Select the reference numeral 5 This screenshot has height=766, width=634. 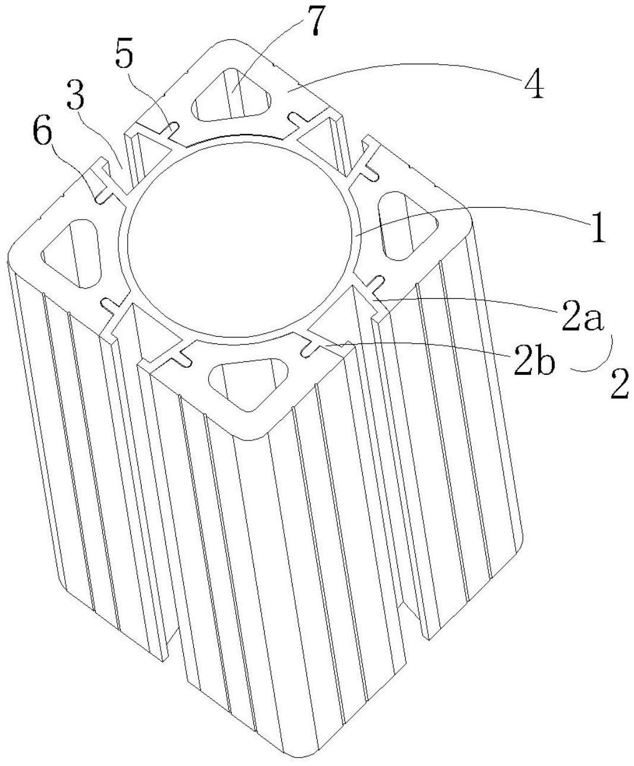tap(124, 55)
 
